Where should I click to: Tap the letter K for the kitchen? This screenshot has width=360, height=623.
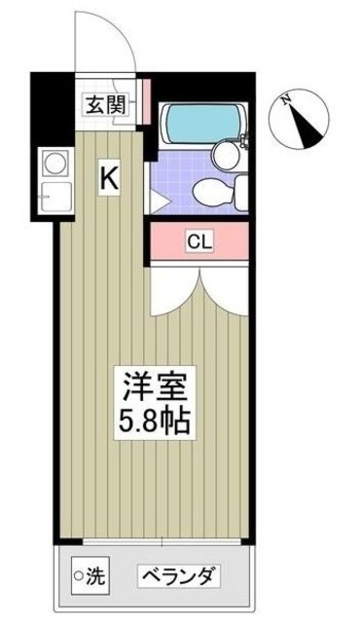110,178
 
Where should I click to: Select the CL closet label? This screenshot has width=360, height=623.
200,240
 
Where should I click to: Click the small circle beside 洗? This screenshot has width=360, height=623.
80,575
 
